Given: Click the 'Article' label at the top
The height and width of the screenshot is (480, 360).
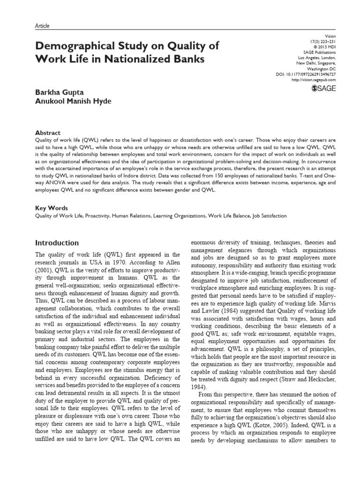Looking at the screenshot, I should point(42,26).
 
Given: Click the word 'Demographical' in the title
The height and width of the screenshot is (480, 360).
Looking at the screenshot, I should point(76,46).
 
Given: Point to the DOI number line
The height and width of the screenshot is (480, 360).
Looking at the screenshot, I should point(307,75).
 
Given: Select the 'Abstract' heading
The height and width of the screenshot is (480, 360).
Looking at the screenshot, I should point(48,133).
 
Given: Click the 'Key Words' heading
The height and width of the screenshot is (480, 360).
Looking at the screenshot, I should point(52,208).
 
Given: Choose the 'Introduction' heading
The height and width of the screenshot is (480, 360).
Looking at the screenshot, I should point(57,243).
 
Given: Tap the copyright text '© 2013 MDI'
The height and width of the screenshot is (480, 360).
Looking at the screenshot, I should point(324,46).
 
